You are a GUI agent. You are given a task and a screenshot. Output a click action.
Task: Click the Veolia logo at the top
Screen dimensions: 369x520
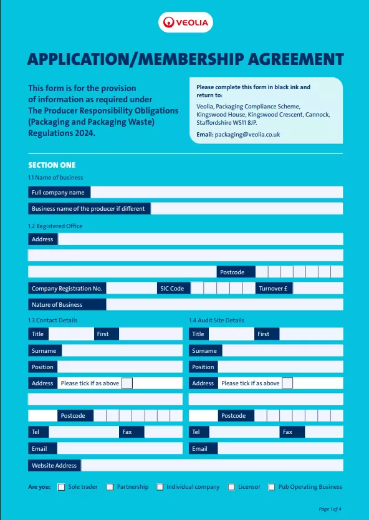pyautogui.click(x=185, y=23)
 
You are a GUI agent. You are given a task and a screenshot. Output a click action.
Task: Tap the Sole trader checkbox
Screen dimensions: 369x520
pyautogui.click(x=61, y=487)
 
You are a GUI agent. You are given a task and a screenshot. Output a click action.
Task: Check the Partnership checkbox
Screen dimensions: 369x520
pyautogui.click(x=110, y=487)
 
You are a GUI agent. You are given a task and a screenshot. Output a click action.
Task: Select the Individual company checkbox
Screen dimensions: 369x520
pyautogui.click(x=160, y=487)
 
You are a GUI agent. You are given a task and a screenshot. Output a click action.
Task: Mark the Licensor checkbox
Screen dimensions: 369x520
pyautogui.click(x=231, y=487)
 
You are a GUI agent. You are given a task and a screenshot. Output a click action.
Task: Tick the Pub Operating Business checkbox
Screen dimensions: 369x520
pyautogui.click(x=272, y=487)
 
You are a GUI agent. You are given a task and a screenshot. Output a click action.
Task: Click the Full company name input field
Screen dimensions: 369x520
pyautogui.click(x=216, y=192)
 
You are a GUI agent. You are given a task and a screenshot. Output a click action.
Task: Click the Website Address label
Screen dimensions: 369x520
pyautogui.click(x=54, y=465)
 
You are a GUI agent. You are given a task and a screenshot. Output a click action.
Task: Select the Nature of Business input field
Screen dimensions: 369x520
pyautogui.click(x=224, y=304)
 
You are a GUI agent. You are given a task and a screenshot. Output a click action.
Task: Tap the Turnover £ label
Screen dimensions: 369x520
pyautogui.click(x=274, y=289)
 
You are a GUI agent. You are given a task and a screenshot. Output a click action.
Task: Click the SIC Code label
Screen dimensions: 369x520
pyautogui.click(x=172, y=289)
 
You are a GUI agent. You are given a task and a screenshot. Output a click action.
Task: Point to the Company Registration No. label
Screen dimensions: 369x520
pyautogui.click(x=67, y=289)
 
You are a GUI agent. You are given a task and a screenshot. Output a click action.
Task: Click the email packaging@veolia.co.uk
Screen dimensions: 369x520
pyautogui.click(x=247, y=134)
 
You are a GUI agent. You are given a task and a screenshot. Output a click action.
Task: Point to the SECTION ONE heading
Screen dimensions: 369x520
pyautogui.click(x=52, y=165)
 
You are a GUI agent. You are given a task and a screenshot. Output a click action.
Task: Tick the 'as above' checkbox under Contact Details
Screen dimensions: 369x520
pyautogui.click(x=127, y=383)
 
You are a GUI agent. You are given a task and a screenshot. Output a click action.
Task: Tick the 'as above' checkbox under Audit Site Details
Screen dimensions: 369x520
pyautogui.click(x=287, y=383)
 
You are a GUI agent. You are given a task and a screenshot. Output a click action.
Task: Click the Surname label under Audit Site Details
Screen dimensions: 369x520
pyautogui.click(x=204, y=350)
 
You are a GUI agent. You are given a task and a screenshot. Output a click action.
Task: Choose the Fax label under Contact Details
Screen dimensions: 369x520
pyautogui.click(x=127, y=431)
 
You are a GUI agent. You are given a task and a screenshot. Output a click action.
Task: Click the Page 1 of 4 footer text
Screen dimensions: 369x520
pyautogui.click(x=330, y=509)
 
